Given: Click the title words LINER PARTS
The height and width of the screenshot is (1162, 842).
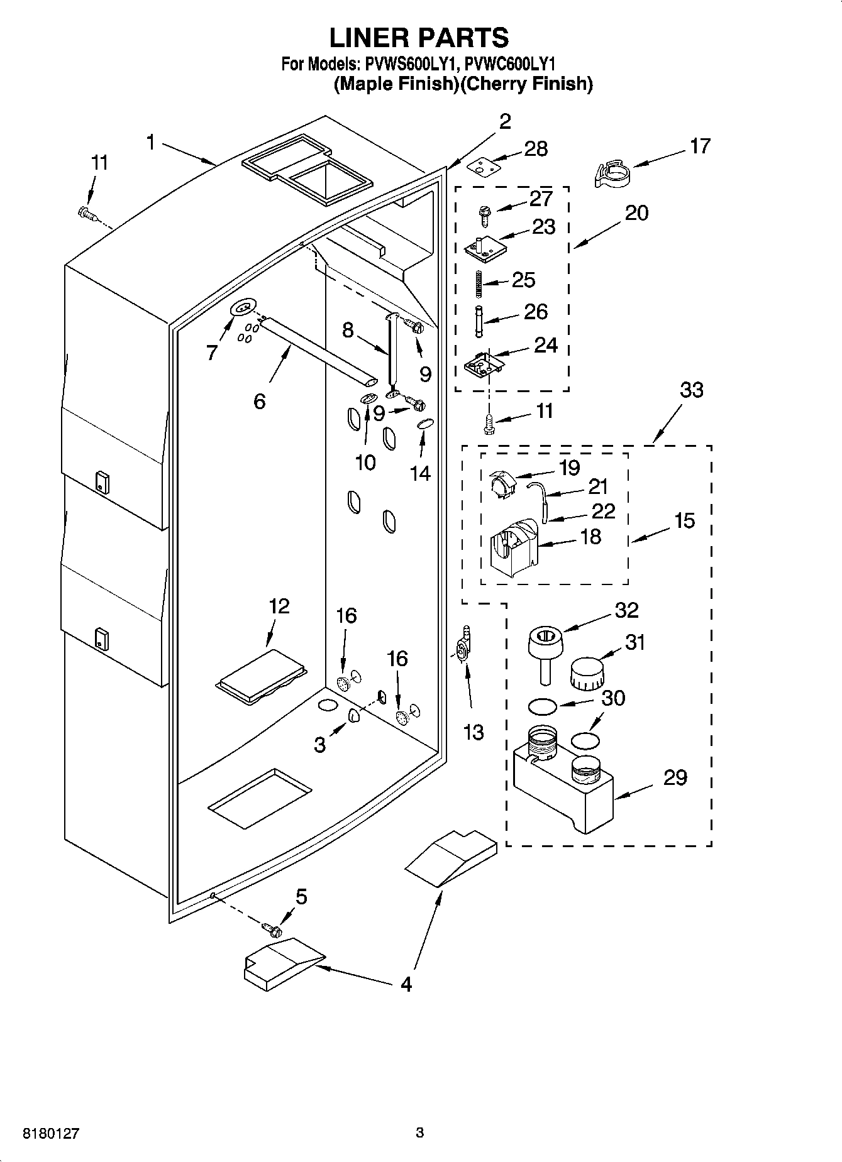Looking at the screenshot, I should point(419,38).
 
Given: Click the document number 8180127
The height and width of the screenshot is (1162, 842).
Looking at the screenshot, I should point(51,1133).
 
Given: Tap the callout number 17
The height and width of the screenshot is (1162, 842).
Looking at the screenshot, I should point(700,146).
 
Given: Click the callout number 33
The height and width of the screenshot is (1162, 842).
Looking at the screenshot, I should point(692,390).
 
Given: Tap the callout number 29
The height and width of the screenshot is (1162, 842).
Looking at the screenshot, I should point(675,777).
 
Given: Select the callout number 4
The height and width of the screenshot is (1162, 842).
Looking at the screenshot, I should point(406,984).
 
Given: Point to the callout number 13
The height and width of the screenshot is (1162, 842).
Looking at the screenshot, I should point(473,732).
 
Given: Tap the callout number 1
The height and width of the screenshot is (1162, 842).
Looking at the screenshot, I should point(150,143).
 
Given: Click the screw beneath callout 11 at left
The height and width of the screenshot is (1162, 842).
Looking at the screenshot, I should point(87,215).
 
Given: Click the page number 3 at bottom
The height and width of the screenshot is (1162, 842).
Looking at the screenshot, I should point(420,1133).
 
